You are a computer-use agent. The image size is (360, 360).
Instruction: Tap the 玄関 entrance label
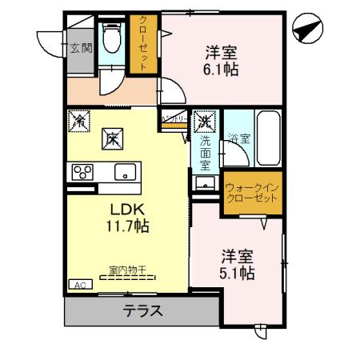click(x=79, y=48)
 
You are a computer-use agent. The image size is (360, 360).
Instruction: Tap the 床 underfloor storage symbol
click(x=110, y=138)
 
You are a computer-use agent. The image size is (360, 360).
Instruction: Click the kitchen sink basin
click(x=125, y=172)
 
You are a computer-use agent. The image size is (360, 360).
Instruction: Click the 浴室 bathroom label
click(x=238, y=138)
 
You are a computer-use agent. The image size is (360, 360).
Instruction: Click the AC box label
click(x=80, y=284)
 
